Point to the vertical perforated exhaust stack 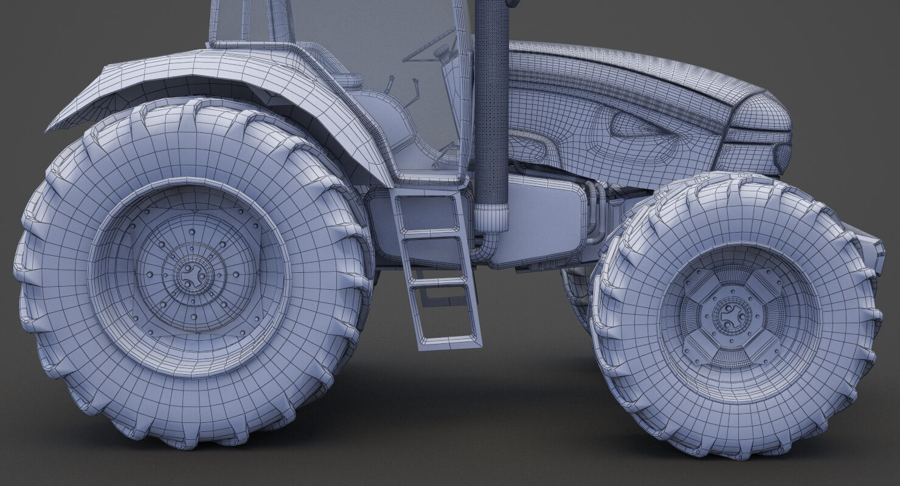coord(491,103)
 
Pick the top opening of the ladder coord(429,213)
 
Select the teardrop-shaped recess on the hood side coord(635,124)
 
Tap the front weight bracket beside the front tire coord(872,249)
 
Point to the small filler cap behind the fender coord(349,80)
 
